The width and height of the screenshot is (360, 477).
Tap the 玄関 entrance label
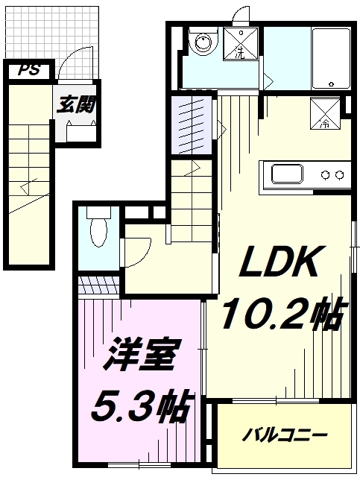click(x=78, y=104)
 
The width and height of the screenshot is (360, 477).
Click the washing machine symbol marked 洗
click(x=242, y=44)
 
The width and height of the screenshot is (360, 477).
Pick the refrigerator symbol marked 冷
click(x=326, y=113)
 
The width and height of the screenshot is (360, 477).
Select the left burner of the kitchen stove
click(x=326, y=175)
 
